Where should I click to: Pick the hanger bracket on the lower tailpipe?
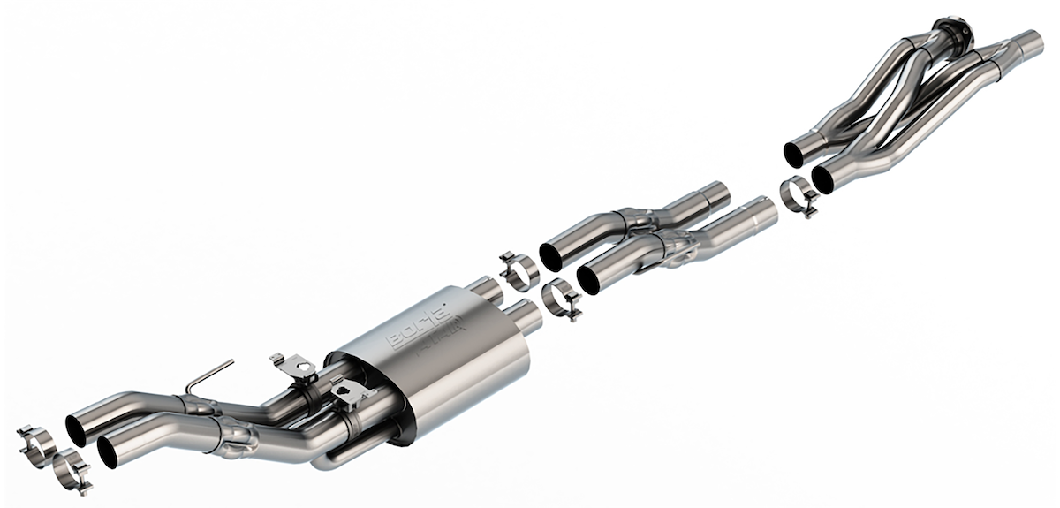click(x=352, y=390)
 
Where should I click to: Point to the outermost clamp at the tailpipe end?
click(x=35, y=440)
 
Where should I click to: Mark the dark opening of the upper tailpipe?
click(x=77, y=428)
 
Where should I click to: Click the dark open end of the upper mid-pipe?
click(x=551, y=255)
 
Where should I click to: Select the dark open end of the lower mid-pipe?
click(x=589, y=279)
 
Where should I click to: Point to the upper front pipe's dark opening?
click(x=793, y=155)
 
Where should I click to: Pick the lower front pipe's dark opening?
click(x=823, y=179)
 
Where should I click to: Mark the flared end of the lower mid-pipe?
click(x=757, y=212)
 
